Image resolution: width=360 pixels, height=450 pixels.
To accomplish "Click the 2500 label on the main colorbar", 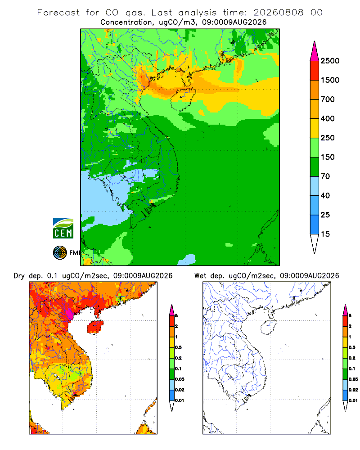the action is (x=330, y=61).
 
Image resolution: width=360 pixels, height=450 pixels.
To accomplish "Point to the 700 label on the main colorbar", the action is (x=328, y=99).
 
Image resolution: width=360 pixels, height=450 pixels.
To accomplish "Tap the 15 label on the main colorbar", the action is (x=325, y=234).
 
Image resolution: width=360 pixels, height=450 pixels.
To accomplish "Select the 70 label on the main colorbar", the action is (x=325, y=176).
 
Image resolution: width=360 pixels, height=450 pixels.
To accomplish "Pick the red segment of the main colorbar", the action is (x=315, y=71).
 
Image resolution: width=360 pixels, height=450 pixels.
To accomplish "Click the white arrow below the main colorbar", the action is (x=315, y=243).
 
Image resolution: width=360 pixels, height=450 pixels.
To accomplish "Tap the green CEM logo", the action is (x=63, y=229).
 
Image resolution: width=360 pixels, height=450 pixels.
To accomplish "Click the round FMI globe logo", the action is (x=60, y=253).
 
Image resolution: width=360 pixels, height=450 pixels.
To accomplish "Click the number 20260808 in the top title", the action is (x=278, y=13).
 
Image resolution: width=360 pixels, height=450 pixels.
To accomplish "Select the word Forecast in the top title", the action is (x=58, y=13).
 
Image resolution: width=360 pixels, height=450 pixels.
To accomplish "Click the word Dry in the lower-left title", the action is (x=19, y=276).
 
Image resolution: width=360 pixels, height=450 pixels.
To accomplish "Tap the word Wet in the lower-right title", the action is (x=200, y=276).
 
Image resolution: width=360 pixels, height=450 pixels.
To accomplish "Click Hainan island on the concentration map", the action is (x=183, y=99).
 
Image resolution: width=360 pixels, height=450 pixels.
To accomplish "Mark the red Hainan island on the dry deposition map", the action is (x=95, y=327).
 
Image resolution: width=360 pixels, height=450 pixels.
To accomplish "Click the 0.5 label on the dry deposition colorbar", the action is (x=178, y=347).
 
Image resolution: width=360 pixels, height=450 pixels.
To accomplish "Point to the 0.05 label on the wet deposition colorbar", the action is (x=353, y=379).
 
